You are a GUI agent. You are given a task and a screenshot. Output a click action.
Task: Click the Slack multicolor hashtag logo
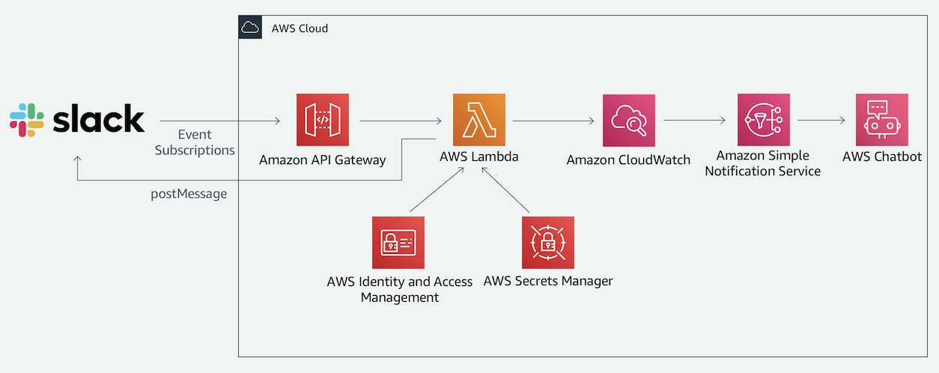pos(27,120)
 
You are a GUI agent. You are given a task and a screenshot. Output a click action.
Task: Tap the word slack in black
pos(99,118)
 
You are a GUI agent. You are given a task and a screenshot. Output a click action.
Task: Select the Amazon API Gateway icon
pos(323,120)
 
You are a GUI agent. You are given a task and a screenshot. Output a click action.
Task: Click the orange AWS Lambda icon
pos(478,120)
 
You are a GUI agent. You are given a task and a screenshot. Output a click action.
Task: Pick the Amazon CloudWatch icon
pos(629,121)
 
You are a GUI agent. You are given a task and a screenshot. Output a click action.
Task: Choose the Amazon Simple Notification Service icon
pos(763,120)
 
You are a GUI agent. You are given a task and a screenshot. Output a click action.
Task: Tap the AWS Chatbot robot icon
pos(882,120)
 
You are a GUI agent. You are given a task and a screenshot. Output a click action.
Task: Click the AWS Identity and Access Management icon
pos(398,243)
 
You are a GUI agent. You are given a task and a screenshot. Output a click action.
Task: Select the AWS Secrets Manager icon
pos(548,243)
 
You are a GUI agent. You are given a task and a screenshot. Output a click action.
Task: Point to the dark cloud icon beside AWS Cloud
pos(250,27)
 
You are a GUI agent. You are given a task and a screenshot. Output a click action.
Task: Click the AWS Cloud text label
pos(300,28)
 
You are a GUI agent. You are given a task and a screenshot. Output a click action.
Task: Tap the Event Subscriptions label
pos(195,142)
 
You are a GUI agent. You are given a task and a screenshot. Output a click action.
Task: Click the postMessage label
pos(189,194)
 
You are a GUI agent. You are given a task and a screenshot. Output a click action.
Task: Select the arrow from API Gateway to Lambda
pos(401,121)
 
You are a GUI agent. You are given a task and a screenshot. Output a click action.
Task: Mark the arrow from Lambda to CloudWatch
pos(553,121)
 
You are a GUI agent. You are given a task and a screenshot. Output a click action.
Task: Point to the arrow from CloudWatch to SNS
pos(695,121)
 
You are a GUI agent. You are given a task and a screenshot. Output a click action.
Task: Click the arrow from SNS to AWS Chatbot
pos(821,121)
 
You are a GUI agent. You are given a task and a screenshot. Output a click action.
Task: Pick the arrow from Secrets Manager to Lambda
pos(505,189)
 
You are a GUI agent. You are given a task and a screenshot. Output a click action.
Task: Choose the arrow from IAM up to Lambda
pos(437,189)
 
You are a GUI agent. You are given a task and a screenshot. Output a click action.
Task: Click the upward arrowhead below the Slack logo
pos(78,160)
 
